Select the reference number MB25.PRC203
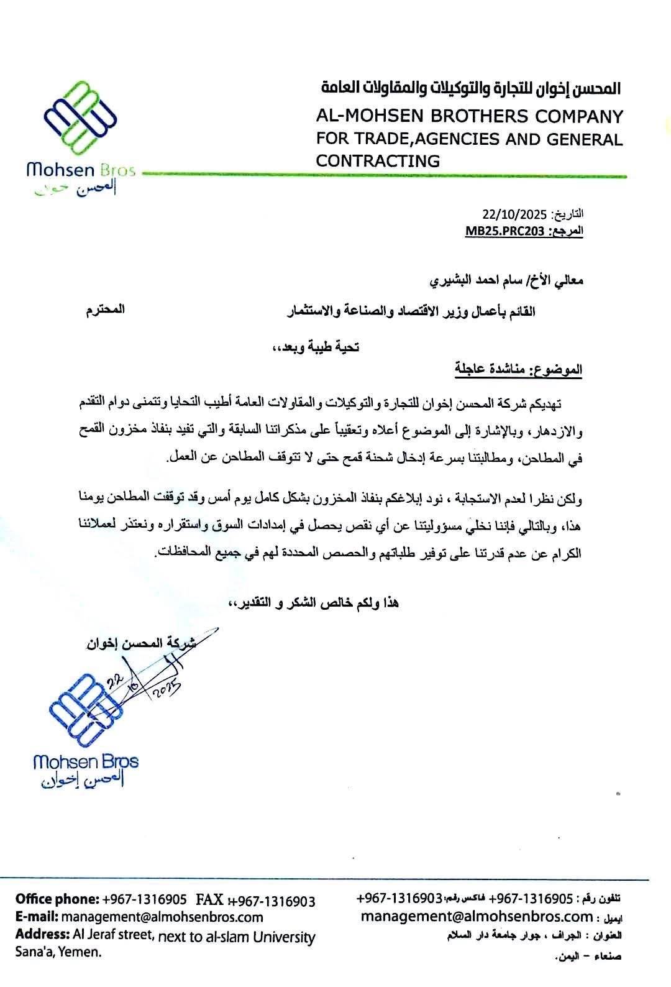[x=506, y=231]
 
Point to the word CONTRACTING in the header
[x=377, y=161]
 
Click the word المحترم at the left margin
[x=105, y=310]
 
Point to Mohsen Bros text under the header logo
[x=81, y=170]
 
